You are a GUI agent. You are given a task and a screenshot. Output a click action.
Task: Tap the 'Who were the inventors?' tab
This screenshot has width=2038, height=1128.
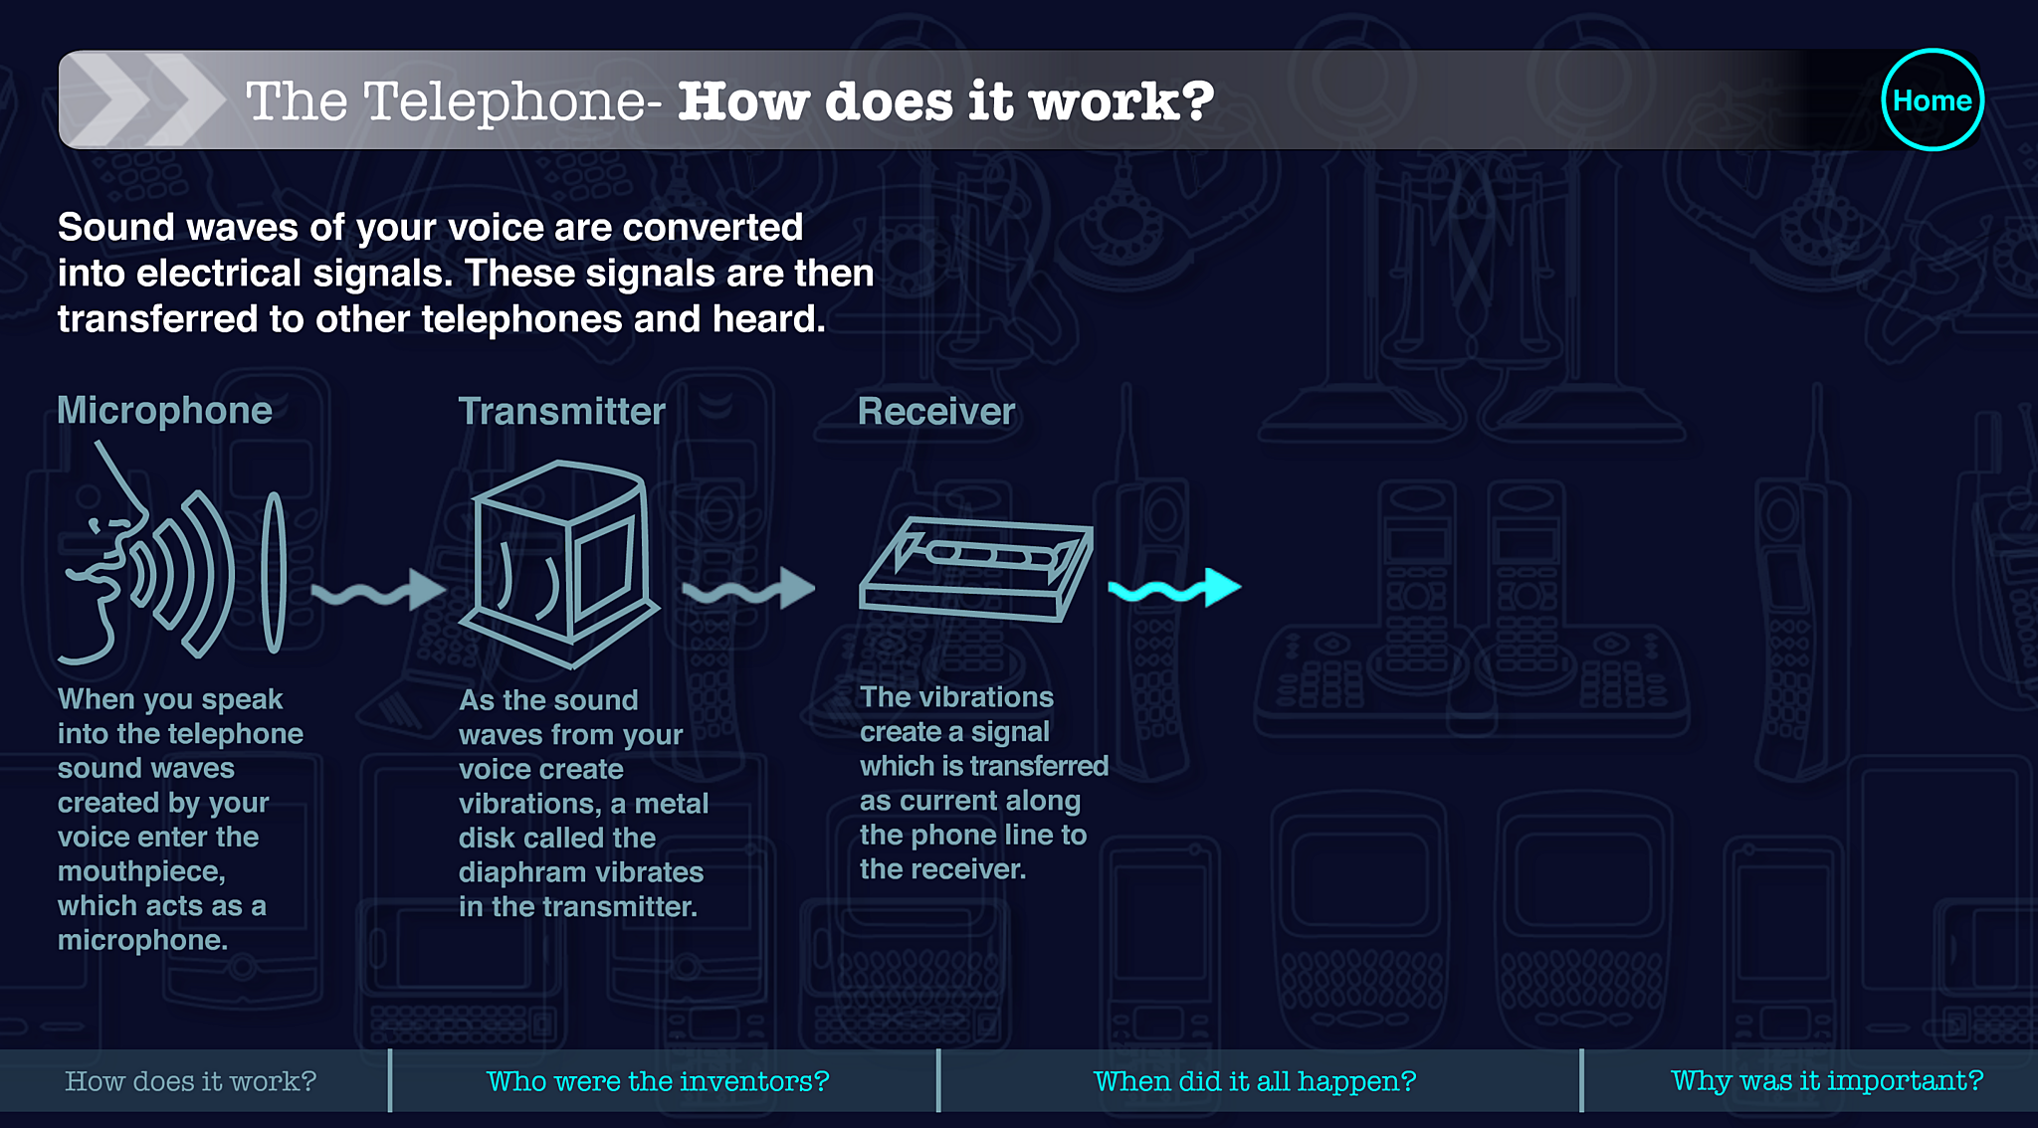click(x=658, y=1081)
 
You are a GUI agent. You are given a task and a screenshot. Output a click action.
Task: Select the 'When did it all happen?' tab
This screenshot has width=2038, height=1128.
click(x=1255, y=1081)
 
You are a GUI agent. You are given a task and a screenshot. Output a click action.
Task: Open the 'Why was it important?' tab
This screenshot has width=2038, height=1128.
click(x=1827, y=1081)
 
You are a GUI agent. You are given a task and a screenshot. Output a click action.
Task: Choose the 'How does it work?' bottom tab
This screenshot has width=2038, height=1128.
click(x=190, y=1081)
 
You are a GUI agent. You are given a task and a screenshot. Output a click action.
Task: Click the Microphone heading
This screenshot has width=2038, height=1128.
click(x=164, y=411)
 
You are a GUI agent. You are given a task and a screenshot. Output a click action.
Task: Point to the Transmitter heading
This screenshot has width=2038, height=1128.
click(x=561, y=412)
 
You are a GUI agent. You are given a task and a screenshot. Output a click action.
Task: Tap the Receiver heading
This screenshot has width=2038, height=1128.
click(x=936, y=412)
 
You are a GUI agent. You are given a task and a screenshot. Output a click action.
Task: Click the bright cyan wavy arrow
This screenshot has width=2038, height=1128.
click(x=1174, y=589)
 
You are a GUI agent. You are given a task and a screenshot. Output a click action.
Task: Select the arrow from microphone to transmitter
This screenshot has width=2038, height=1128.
click(x=378, y=591)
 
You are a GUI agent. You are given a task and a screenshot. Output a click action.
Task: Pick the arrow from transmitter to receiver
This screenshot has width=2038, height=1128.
click(x=748, y=589)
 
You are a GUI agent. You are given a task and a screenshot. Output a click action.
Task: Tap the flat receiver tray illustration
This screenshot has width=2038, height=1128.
click(x=976, y=570)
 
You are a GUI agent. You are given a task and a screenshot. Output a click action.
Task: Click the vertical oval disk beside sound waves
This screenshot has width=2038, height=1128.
click(x=274, y=573)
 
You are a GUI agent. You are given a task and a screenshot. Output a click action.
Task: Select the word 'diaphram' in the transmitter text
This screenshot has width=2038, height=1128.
click(x=522, y=873)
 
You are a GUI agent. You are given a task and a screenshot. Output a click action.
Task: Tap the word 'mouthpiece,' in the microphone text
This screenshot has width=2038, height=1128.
click(x=141, y=872)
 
